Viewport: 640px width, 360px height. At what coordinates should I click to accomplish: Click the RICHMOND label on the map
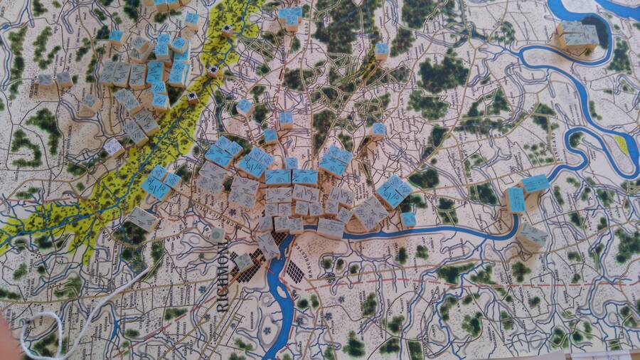coord(223,278)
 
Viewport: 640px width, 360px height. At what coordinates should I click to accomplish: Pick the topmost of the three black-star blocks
coord(227,30)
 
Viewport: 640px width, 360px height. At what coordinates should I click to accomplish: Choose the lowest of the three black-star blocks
coord(193,97)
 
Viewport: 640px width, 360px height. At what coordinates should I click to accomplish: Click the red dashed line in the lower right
coord(498,278)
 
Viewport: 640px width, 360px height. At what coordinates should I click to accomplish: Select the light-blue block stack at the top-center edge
coord(289,17)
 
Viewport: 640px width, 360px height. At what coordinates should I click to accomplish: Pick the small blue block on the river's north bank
coord(408,219)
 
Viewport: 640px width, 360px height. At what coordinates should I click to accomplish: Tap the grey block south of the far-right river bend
coord(532,235)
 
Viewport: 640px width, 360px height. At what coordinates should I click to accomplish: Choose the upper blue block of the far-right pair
coord(535,184)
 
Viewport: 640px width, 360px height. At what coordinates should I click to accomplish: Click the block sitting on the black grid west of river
coord(244,263)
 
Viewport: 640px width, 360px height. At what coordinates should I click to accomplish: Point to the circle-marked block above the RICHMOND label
coord(217,233)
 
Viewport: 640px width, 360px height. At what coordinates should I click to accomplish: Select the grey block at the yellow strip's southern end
coord(143,219)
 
